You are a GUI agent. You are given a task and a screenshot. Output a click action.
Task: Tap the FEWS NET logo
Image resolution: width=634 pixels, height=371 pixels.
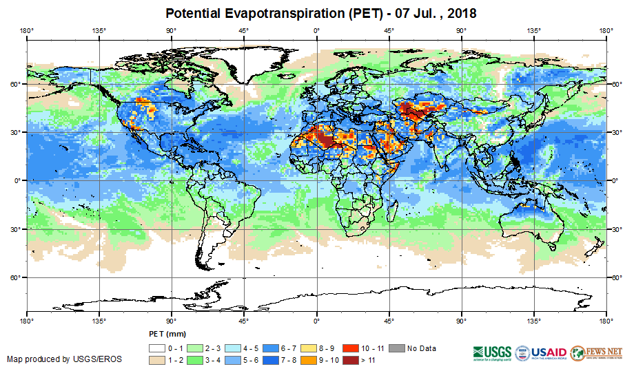pos(596,352)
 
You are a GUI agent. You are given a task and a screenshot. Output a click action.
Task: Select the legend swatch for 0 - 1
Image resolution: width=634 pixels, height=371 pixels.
pos(158,348)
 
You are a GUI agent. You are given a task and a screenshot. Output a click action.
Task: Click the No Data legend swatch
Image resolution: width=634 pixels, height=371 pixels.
pos(397,348)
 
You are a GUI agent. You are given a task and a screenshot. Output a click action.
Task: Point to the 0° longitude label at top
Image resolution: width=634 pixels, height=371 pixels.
pos(316,30)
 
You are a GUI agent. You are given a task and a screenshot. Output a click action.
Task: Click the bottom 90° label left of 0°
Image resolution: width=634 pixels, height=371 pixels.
pos(171,321)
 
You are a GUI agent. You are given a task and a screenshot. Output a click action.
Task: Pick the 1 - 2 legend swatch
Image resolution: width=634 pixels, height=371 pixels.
pos(158,360)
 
